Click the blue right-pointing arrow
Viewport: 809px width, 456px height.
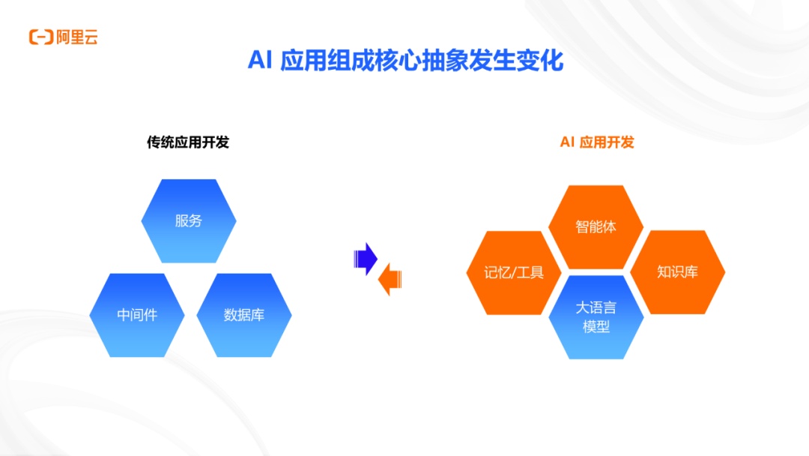[366, 259]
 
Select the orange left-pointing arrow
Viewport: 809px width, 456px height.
[390, 280]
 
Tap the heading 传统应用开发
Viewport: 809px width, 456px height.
[188, 142]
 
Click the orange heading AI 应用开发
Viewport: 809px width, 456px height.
[597, 142]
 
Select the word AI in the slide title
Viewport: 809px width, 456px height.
[259, 61]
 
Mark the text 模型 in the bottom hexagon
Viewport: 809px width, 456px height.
[596, 327]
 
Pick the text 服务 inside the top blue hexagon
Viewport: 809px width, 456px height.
[189, 220]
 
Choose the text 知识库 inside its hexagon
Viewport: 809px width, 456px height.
[678, 271]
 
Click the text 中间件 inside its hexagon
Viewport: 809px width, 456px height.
[137, 315]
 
